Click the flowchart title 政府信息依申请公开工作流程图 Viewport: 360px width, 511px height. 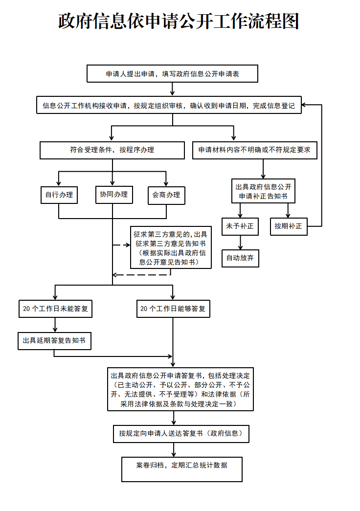point(179,21)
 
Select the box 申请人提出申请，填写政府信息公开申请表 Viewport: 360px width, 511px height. point(172,74)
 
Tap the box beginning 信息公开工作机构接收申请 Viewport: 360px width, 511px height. point(169,105)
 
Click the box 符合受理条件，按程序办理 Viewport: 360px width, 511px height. point(112,150)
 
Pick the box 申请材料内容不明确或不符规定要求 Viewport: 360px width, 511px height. point(254,150)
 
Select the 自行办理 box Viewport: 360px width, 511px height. point(59,195)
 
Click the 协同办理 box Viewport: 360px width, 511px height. point(113,194)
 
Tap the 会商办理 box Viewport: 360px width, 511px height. point(166,195)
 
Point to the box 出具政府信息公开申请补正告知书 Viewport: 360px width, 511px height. point(263,191)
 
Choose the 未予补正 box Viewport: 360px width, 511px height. point(240,226)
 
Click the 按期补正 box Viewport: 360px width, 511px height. point(288,226)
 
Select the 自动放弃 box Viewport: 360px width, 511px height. point(240,258)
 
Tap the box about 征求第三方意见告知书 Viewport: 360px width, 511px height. point(171,247)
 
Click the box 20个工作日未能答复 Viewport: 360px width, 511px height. point(55,309)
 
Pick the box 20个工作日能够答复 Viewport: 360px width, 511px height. point(173,309)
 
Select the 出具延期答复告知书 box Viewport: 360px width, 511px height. point(54,340)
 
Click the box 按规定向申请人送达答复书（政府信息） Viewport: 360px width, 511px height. point(180,433)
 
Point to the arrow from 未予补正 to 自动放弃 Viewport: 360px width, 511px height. point(240,242)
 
